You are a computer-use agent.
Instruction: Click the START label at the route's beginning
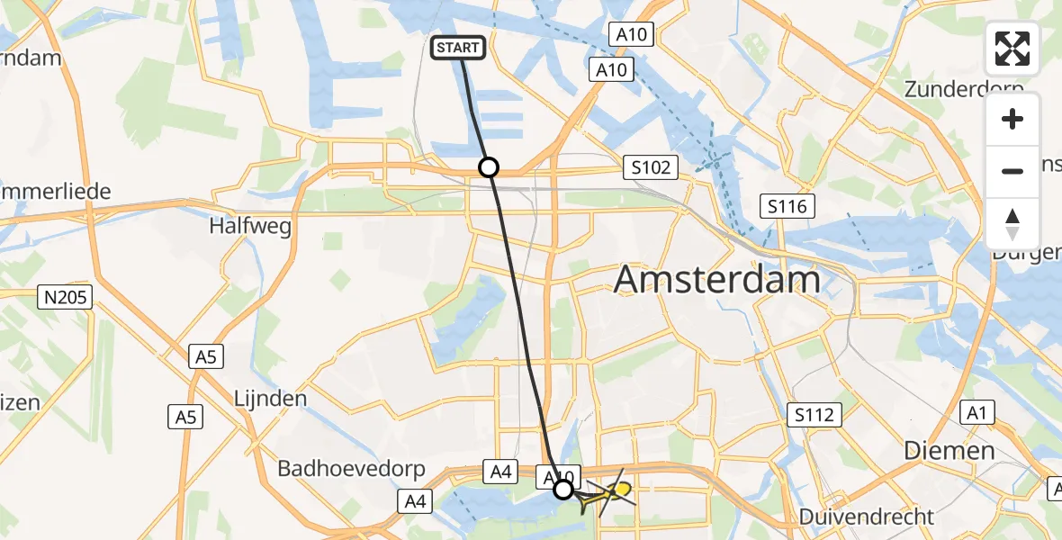pyautogui.click(x=460, y=48)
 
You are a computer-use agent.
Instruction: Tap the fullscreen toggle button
pyautogui.click(x=1012, y=49)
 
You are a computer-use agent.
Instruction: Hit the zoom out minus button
pyautogui.click(x=1012, y=171)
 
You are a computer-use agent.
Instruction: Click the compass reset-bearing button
pyautogui.click(x=1012, y=223)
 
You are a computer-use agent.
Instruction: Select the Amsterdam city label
pyautogui.click(x=716, y=281)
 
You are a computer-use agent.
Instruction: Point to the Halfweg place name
pyautogui.click(x=250, y=227)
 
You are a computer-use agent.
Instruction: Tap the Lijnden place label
pyautogui.click(x=270, y=398)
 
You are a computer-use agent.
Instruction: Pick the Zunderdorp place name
pyautogui.click(x=964, y=90)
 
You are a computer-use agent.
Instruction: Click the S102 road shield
pyautogui.click(x=649, y=167)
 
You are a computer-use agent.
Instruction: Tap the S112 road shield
pyautogui.click(x=815, y=415)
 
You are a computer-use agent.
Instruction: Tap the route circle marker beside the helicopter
pyautogui.click(x=562, y=490)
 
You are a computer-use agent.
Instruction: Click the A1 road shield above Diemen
pyautogui.click(x=976, y=413)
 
